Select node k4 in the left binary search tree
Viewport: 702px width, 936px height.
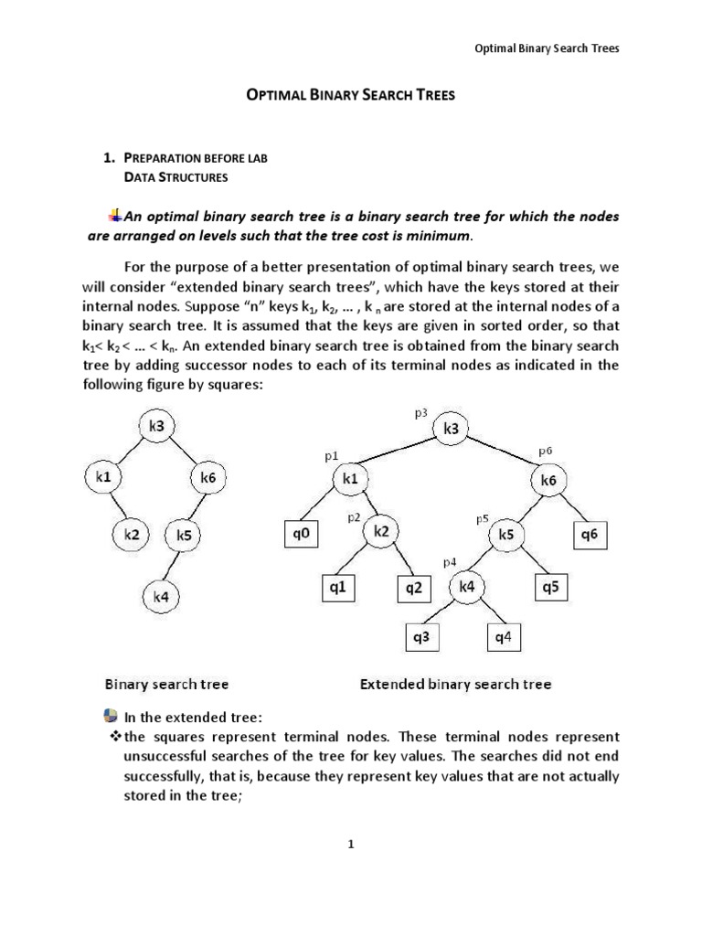[160, 597]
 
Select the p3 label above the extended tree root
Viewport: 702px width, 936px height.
[421, 414]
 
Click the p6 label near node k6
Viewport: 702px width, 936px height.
[546, 451]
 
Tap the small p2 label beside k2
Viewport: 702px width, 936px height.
[353, 517]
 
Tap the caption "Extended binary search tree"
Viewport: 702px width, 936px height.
[456, 684]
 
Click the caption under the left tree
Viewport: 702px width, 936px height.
[166, 684]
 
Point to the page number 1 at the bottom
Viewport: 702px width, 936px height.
[350, 845]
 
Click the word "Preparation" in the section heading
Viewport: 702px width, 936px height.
[161, 158]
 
